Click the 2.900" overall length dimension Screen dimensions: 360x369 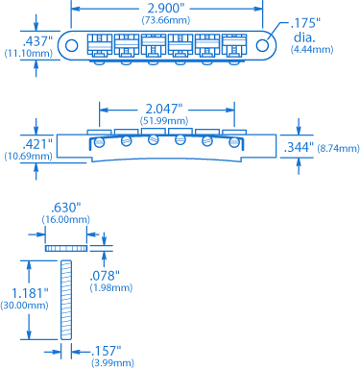tap(166, 9)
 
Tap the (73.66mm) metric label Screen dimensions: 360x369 tap(166, 20)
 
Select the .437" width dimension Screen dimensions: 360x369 tap(37, 41)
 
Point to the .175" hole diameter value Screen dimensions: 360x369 tap(305, 24)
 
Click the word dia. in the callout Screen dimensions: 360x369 tap(304, 37)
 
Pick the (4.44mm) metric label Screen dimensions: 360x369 tap(312, 49)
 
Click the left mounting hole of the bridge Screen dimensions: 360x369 tap(71, 45)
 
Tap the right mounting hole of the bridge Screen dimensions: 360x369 tap(262, 45)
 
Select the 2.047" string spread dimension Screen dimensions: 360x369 tap(163, 110)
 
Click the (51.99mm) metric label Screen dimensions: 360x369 tap(164, 121)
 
